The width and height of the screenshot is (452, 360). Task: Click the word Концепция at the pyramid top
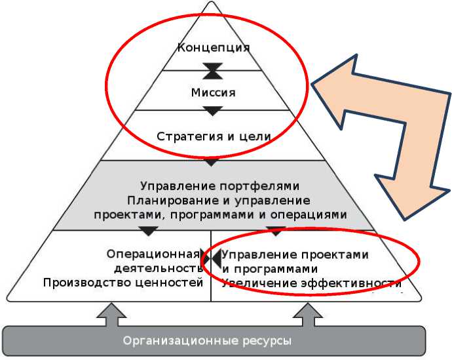coord(214,48)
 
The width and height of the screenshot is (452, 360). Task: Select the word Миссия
coord(214,92)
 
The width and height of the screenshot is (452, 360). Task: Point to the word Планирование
coord(168,200)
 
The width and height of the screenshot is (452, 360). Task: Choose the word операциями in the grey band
coord(307,214)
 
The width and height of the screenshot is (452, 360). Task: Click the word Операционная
coord(152,254)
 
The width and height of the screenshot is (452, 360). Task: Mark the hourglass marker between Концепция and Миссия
coord(214,70)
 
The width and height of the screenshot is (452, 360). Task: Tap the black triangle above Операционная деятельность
coord(149,231)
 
